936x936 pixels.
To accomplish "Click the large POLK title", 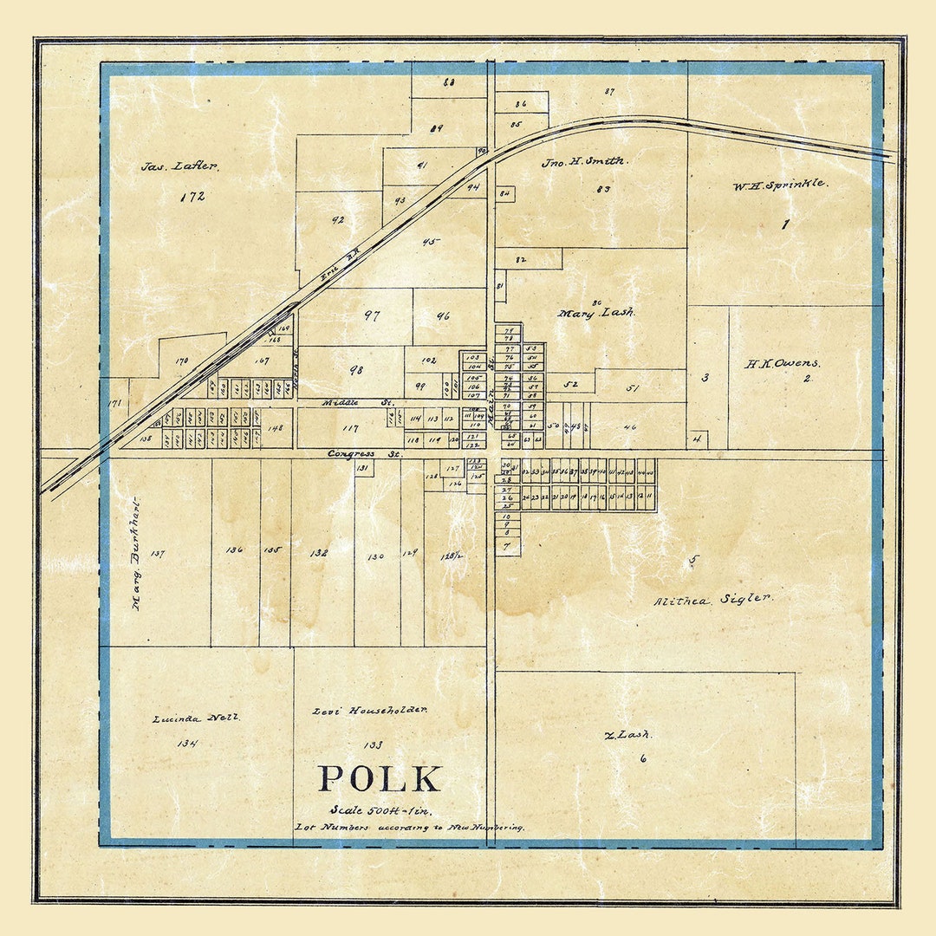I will point(380,779).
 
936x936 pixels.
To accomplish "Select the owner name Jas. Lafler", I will point(179,166).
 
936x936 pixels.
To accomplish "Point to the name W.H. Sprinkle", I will point(779,185).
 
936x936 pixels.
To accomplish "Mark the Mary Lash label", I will point(596,313).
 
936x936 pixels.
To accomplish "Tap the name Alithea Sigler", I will point(713,599).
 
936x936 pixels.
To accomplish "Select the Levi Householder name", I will point(369,711).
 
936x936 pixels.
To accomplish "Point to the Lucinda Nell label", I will point(196,718).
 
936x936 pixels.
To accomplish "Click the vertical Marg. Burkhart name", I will point(136,555).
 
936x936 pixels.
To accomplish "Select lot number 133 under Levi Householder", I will point(374,744).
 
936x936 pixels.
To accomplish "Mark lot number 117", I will point(350,428).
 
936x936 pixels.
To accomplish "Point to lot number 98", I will point(356,370).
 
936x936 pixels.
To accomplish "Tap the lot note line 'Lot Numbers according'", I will point(409,828).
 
